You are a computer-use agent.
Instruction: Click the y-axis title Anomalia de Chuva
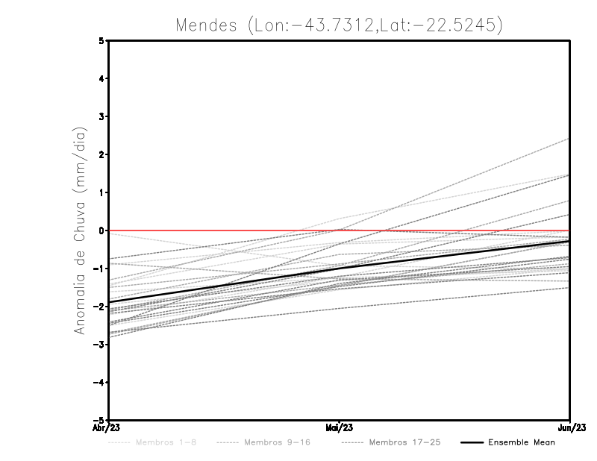pyautogui.click(x=79, y=230)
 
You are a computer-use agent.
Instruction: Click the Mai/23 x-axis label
pyautogui.click(x=340, y=427)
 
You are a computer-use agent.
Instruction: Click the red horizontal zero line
pyautogui.click(x=224, y=230)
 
